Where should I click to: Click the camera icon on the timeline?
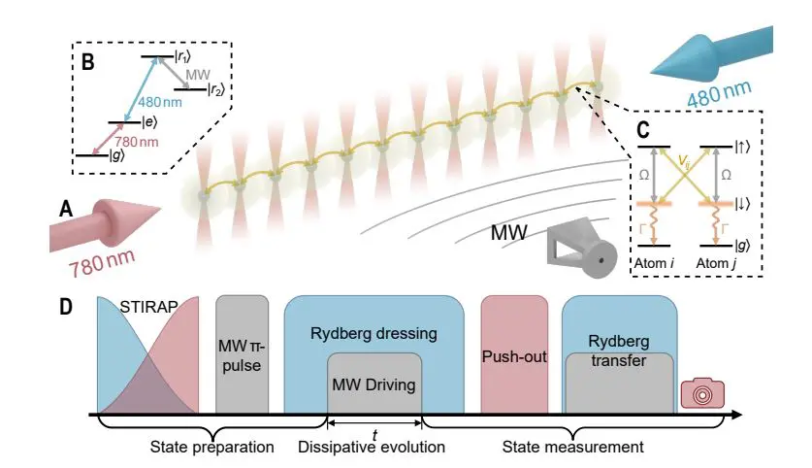pyautogui.click(x=697, y=393)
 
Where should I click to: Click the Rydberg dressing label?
pyautogui.click(x=374, y=333)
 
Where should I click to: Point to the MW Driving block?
pyautogui.click(x=374, y=384)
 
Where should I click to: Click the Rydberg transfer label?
pyautogui.click(x=618, y=352)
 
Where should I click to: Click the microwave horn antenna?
pyautogui.click(x=580, y=252)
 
